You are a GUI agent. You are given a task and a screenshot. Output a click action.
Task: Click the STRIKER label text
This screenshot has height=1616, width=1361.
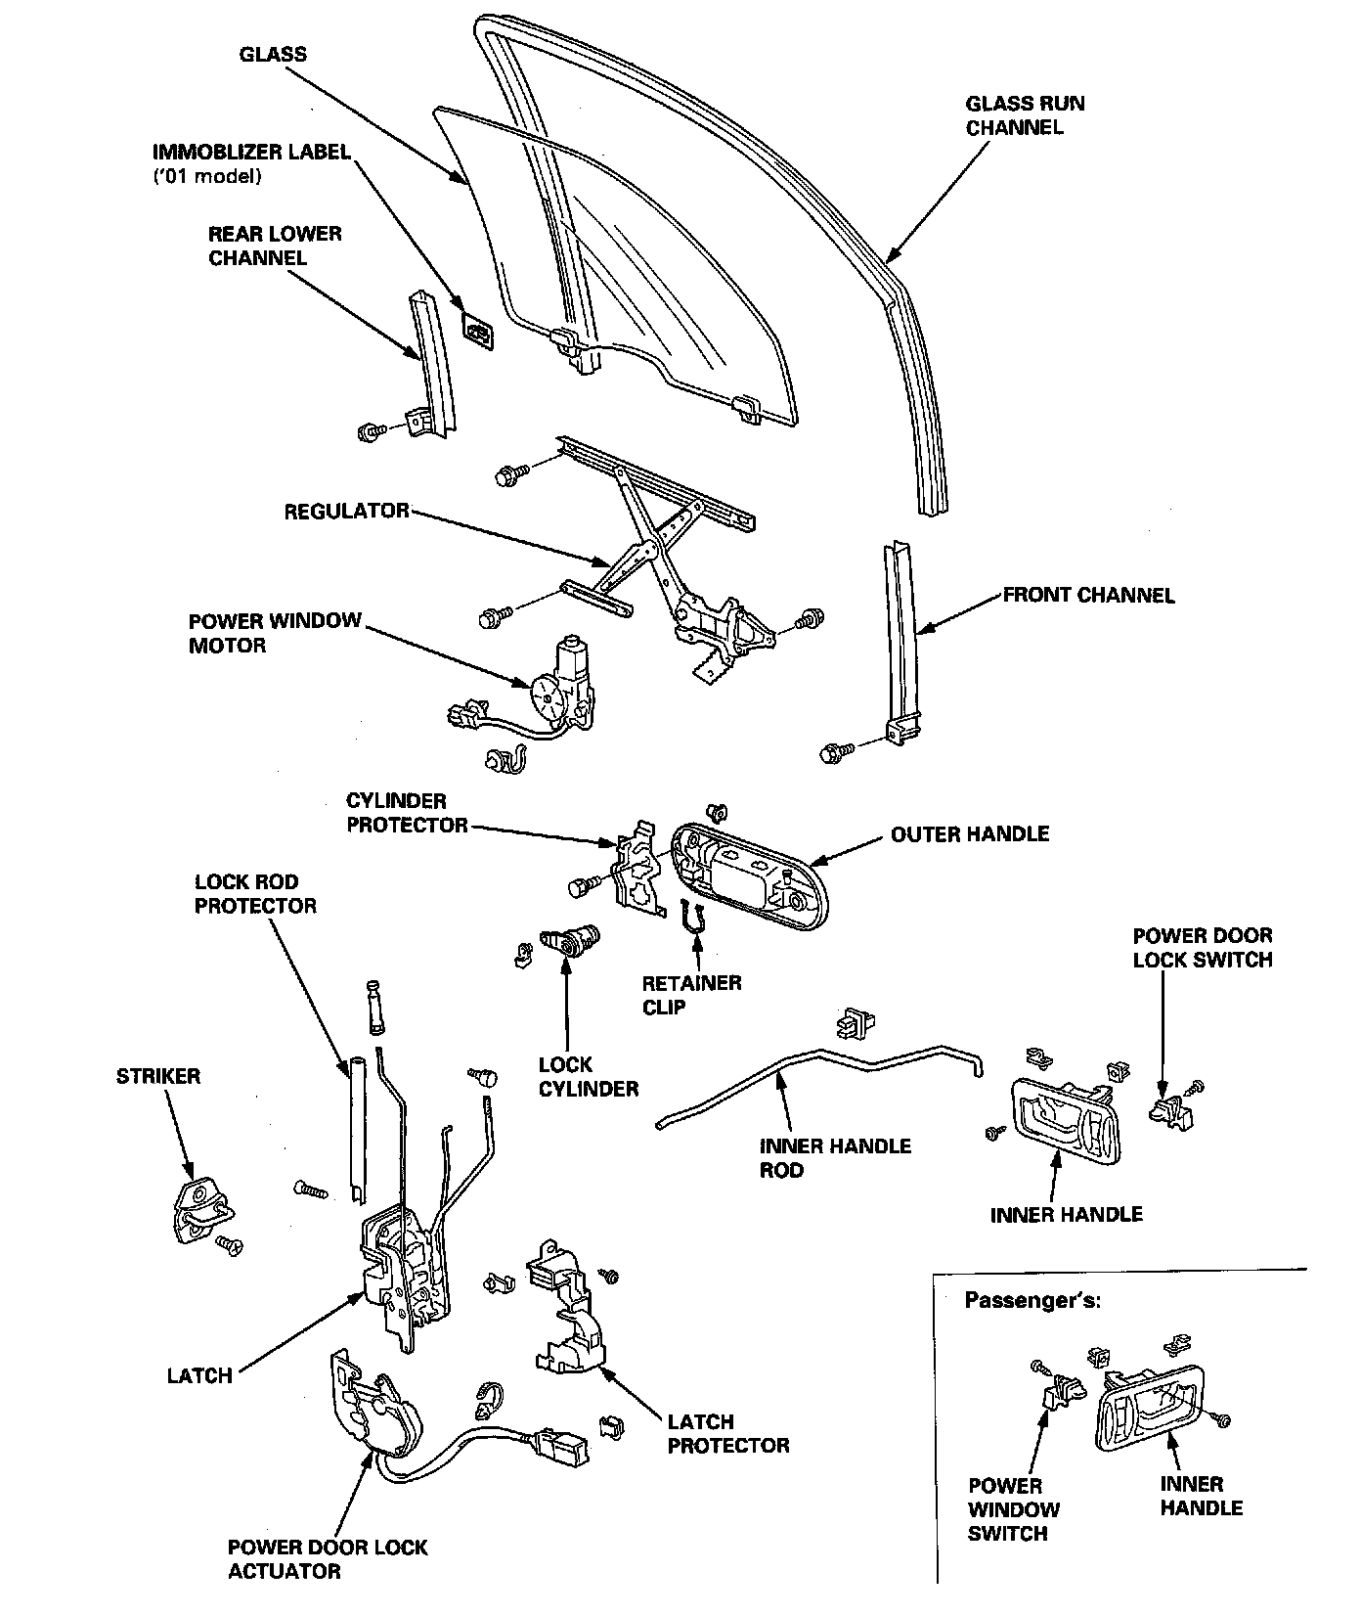pyautogui.click(x=157, y=1076)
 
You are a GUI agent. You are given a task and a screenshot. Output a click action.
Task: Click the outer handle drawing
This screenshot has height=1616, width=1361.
pyautogui.click(x=748, y=874)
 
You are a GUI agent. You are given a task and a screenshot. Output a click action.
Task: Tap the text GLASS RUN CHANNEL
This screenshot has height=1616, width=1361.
pyautogui.click(x=1024, y=115)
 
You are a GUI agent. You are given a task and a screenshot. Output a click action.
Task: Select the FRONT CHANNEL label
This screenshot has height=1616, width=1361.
pyautogui.click(x=1088, y=596)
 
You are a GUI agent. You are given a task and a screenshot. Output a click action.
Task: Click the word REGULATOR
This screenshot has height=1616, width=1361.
pyautogui.click(x=346, y=512)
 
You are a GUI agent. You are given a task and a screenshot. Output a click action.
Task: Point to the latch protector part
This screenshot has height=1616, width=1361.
pyautogui.click(x=567, y=1306)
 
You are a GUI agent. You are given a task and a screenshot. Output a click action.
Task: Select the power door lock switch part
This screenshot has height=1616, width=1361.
pyautogui.click(x=1170, y=1109)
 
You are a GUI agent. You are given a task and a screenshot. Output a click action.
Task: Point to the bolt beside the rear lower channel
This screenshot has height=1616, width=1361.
pyautogui.click(x=372, y=431)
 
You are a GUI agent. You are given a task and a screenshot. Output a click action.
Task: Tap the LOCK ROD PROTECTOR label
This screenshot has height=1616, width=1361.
pyautogui.click(x=255, y=894)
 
